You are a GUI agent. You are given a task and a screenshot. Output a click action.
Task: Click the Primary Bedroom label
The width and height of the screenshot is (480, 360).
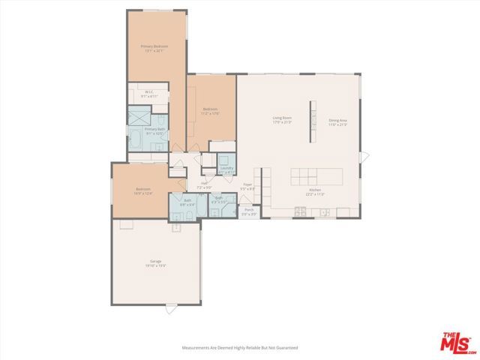(154, 48)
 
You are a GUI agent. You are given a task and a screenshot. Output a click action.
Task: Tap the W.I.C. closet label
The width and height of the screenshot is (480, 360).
(149, 94)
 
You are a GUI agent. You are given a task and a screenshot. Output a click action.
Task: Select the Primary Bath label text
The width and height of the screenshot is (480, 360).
(154, 130)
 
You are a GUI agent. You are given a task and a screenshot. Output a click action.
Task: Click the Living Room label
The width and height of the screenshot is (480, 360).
(282, 118)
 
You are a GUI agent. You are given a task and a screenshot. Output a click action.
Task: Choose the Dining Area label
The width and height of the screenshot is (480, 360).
(337, 122)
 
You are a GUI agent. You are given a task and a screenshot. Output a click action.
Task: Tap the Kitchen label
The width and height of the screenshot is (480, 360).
(315, 191)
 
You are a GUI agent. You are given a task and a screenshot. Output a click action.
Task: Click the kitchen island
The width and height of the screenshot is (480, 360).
(315, 176)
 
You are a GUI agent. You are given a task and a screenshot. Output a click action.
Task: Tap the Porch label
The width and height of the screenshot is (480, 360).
(249, 212)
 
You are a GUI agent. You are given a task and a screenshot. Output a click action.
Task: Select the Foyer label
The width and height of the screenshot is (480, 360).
(247, 187)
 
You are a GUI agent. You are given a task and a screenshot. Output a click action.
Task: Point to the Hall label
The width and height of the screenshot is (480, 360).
(204, 185)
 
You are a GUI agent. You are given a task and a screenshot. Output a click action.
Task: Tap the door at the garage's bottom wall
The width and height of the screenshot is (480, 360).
(172, 306)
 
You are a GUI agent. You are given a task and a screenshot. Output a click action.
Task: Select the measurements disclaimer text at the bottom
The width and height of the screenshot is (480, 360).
(240, 348)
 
